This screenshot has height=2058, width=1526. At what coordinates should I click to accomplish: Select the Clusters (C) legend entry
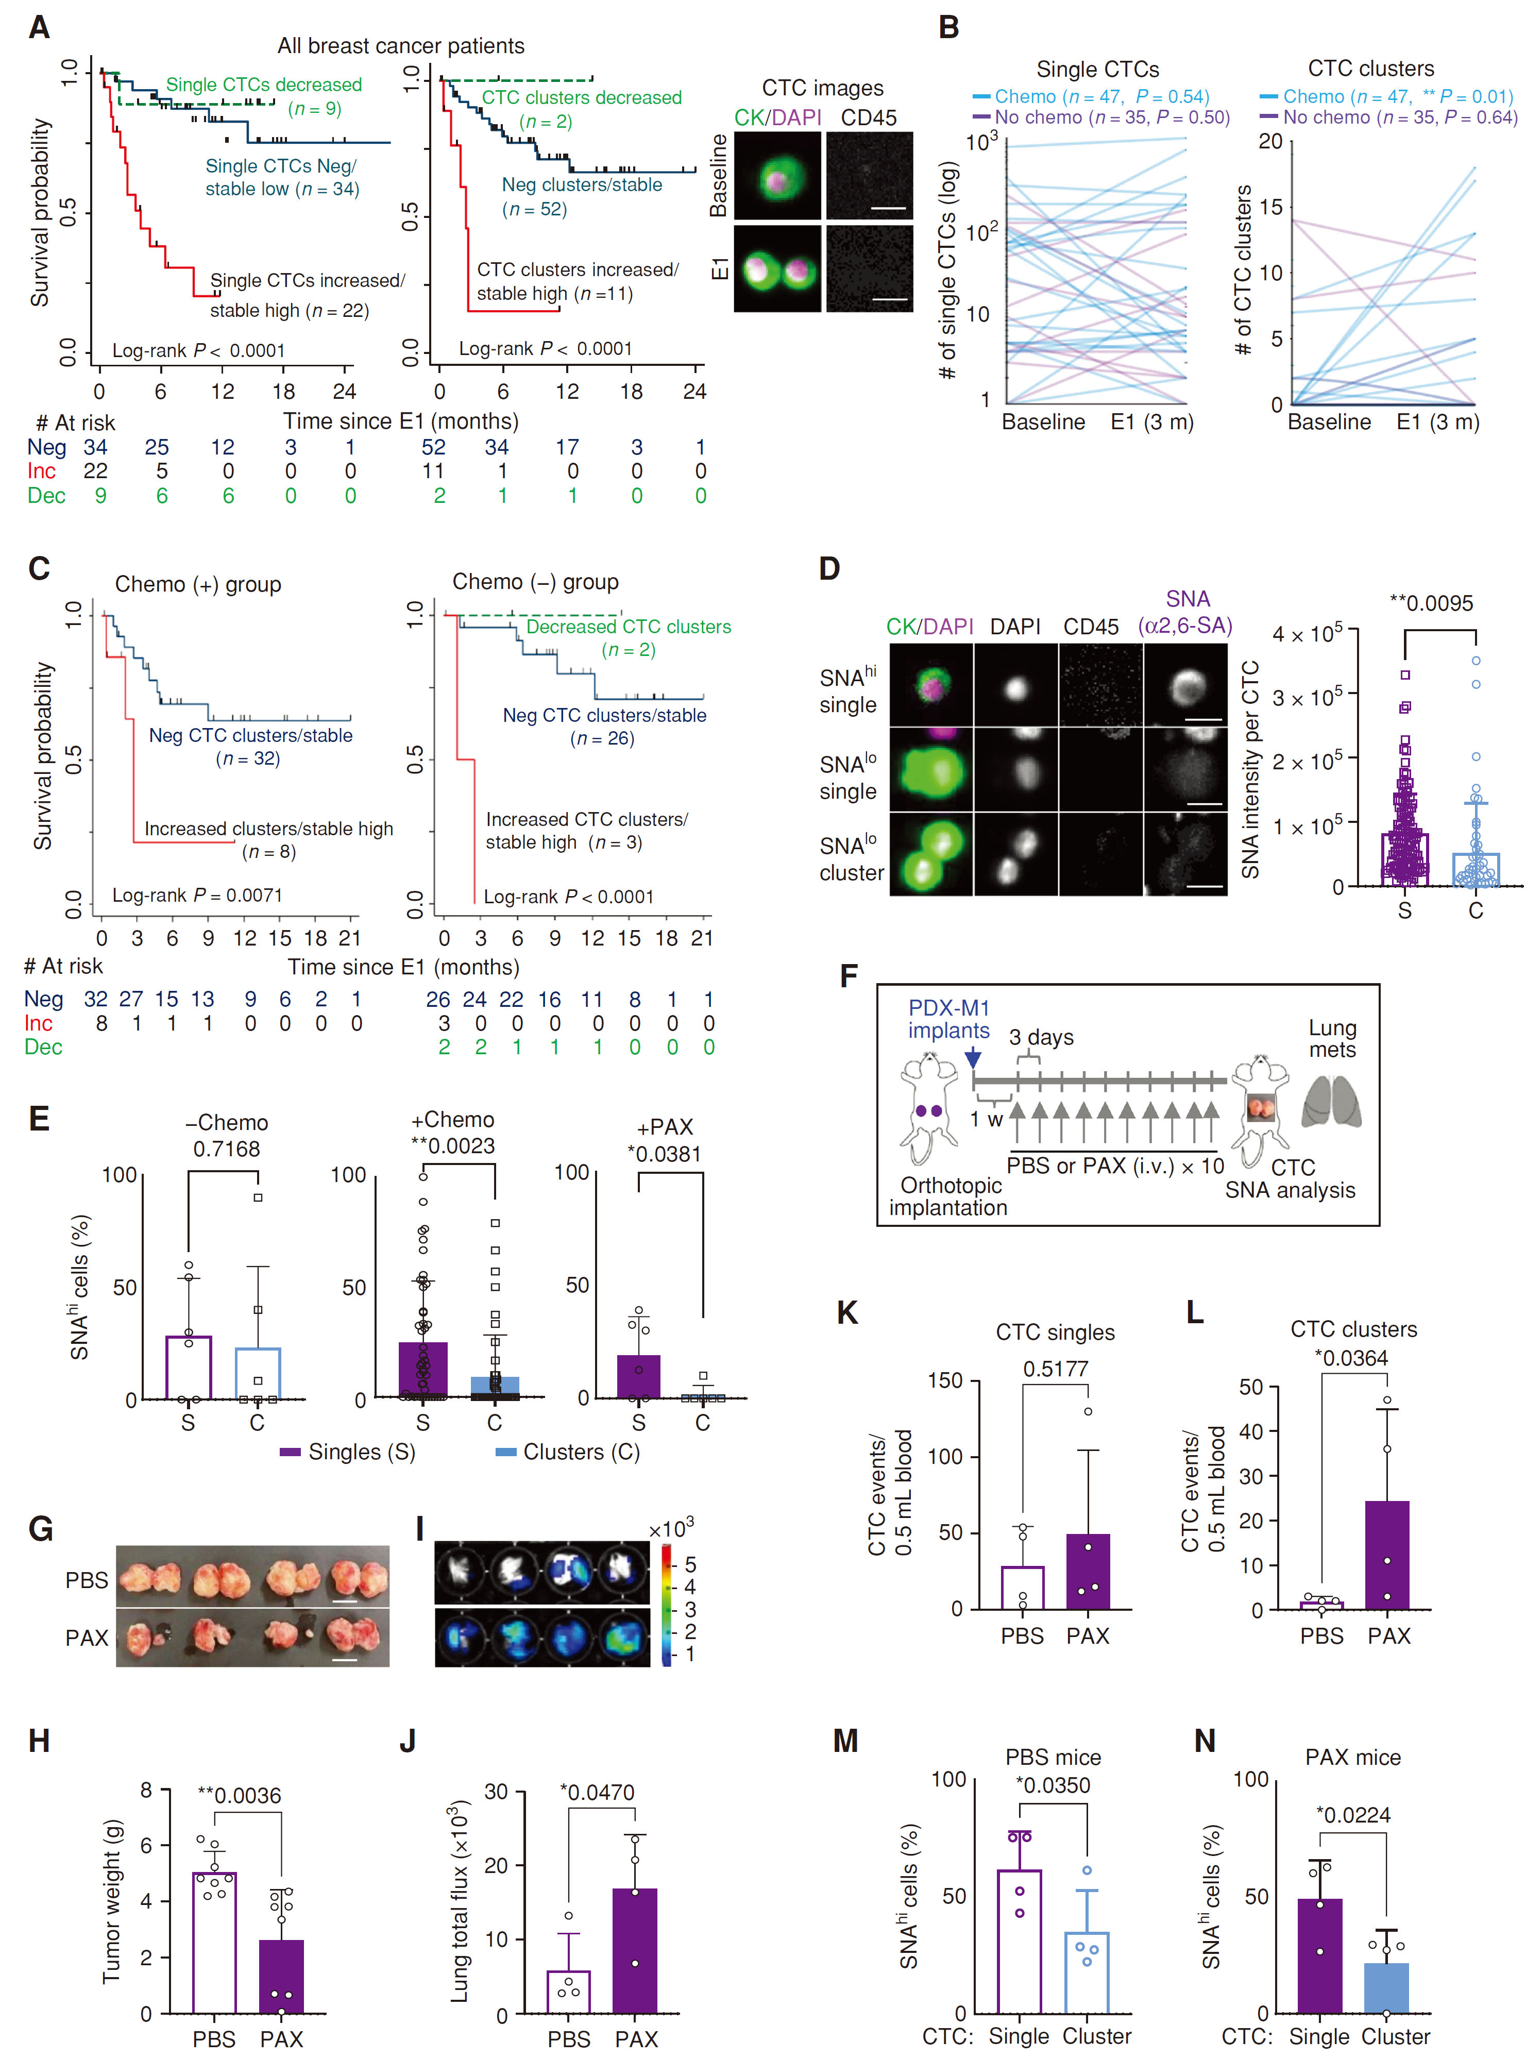pyautogui.click(x=567, y=1452)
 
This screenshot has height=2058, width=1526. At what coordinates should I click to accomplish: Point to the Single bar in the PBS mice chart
pyautogui.click(x=1019, y=1942)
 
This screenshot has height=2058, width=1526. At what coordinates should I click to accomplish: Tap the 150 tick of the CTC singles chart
pyautogui.click(x=945, y=1381)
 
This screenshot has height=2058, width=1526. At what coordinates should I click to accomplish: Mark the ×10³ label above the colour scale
pyautogui.click(x=671, y=1530)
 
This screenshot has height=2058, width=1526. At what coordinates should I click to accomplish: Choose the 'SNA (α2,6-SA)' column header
pyautogui.click(x=1187, y=613)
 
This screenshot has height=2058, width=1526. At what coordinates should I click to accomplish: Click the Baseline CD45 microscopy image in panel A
pyautogui.click(x=869, y=176)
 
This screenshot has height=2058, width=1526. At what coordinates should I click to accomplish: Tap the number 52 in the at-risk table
pyautogui.click(x=433, y=447)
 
